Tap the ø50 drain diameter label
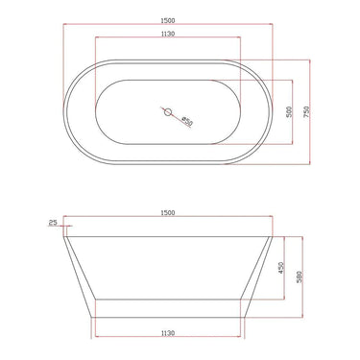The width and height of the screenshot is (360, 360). [186, 121]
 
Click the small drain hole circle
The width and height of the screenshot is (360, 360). [169, 112]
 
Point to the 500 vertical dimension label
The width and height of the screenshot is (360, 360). [289, 112]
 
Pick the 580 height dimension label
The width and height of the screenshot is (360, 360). [300, 277]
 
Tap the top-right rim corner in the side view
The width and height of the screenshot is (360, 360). [273, 234]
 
